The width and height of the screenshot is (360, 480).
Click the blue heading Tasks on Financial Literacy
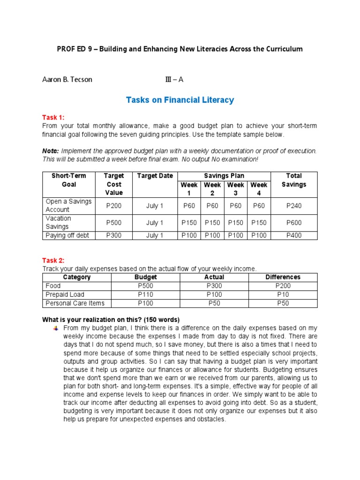coord(180,100)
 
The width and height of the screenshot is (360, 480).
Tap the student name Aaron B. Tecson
coord(67,79)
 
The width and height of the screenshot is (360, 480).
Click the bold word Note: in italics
coord(51,151)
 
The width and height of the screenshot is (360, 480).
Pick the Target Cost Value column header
coord(114,184)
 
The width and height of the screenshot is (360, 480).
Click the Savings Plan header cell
coord(224,176)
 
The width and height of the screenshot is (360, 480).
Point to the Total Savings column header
coord(294,180)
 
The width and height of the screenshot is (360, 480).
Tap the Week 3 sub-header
coord(235,189)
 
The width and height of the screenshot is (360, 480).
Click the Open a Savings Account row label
coord(68,205)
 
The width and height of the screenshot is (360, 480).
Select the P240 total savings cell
coord(294,205)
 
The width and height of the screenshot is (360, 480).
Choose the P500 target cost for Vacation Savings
coord(114,223)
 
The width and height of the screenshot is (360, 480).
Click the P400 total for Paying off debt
coord(294,235)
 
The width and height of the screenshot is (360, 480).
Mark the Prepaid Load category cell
coord(65,294)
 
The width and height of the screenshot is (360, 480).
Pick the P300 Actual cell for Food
coord(215,285)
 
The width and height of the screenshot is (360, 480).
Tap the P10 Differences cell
coord(283,294)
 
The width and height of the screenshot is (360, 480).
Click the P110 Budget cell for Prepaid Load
coord(146,294)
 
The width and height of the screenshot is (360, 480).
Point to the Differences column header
coord(283,277)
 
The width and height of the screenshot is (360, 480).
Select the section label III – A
coord(174,79)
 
